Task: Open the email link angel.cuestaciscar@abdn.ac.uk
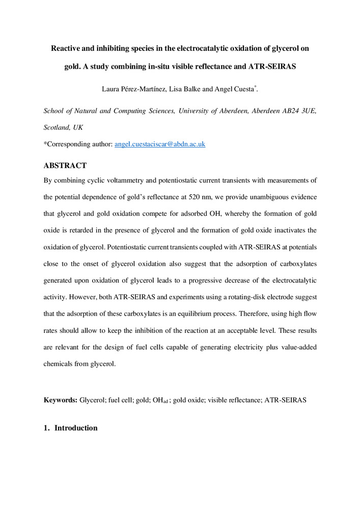tap(160, 144)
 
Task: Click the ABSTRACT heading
tap(65, 166)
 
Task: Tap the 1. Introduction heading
tap(71, 428)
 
